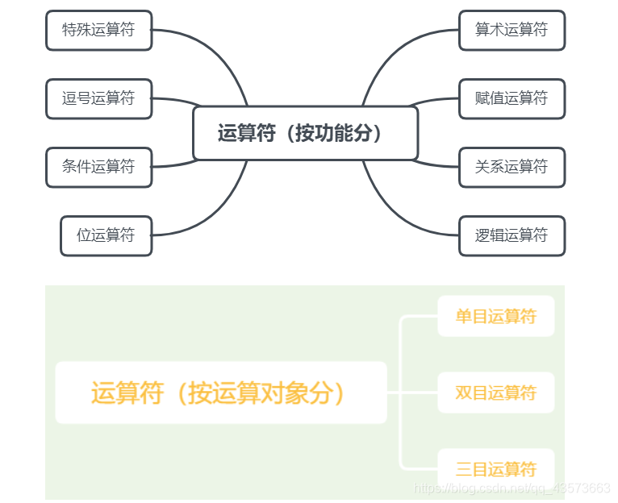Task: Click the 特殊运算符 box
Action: click(98, 31)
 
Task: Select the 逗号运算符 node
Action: click(98, 99)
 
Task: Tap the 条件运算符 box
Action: click(98, 168)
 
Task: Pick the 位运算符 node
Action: click(106, 236)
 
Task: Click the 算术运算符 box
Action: click(512, 31)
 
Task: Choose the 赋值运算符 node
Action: click(512, 99)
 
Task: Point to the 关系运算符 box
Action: click(512, 168)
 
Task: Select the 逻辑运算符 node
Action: click(512, 236)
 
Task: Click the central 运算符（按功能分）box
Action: click(305, 134)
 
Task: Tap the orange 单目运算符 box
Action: click(495, 317)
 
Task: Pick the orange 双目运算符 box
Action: click(495, 393)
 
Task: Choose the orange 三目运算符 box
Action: click(495, 469)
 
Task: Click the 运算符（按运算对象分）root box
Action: click(220, 393)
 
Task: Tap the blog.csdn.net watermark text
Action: click(512, 488)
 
